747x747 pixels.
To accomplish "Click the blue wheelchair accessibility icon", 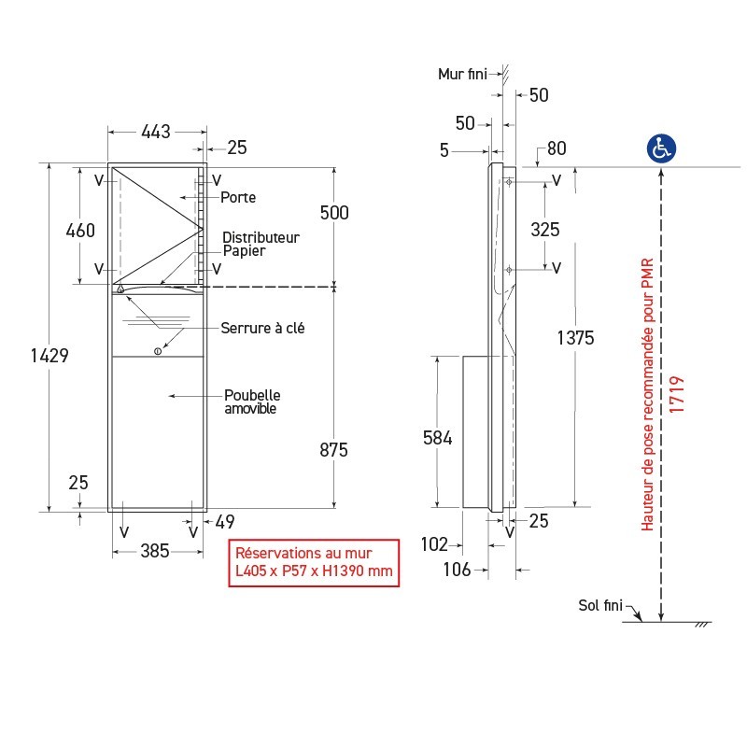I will click(662, 148).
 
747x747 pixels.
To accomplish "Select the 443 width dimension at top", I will click(155, 132).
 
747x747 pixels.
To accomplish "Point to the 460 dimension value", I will click(79, 230).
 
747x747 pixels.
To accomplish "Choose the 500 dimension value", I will click(333, 213).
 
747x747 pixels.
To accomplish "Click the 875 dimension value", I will click(333, 450).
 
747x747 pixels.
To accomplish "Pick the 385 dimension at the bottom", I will click(155, 551).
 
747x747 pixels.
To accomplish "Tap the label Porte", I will click(238, 198).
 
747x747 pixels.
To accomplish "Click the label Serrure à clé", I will click(262, 328).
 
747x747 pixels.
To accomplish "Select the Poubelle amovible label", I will click(252, 402).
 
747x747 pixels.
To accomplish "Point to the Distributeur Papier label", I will click(261, 244).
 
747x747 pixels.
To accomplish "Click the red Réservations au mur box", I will click(314, 562).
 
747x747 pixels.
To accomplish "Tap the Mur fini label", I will click(462, 74).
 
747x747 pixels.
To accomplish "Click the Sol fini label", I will click(599, 606).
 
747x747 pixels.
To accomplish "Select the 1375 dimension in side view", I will click(574, 338).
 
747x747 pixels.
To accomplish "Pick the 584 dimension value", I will click(437, 437).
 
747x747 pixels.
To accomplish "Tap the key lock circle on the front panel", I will click(157, 351).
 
